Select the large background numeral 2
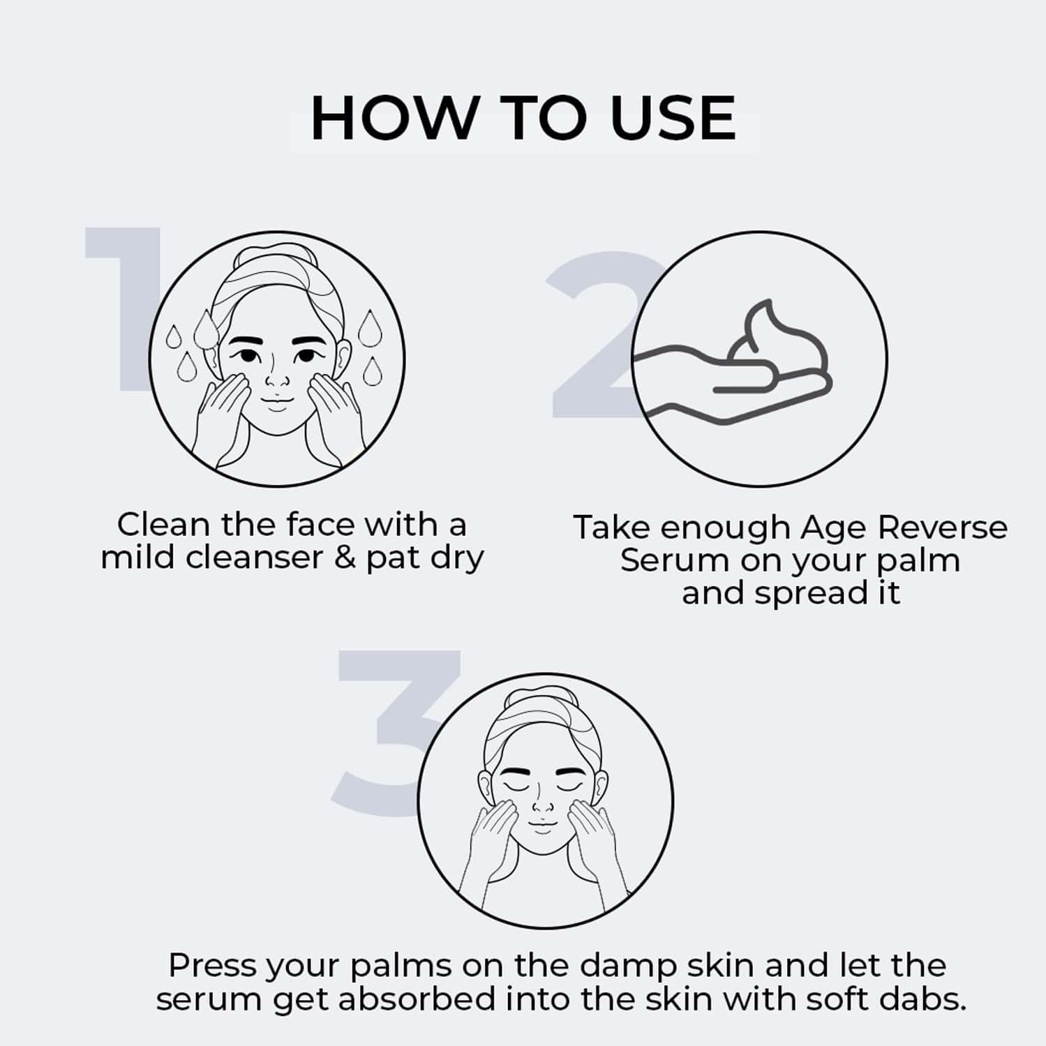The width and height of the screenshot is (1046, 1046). coord(600,335)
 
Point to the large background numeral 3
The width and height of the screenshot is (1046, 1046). coord(394,733)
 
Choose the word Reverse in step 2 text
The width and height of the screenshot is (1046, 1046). coord(942,528)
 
